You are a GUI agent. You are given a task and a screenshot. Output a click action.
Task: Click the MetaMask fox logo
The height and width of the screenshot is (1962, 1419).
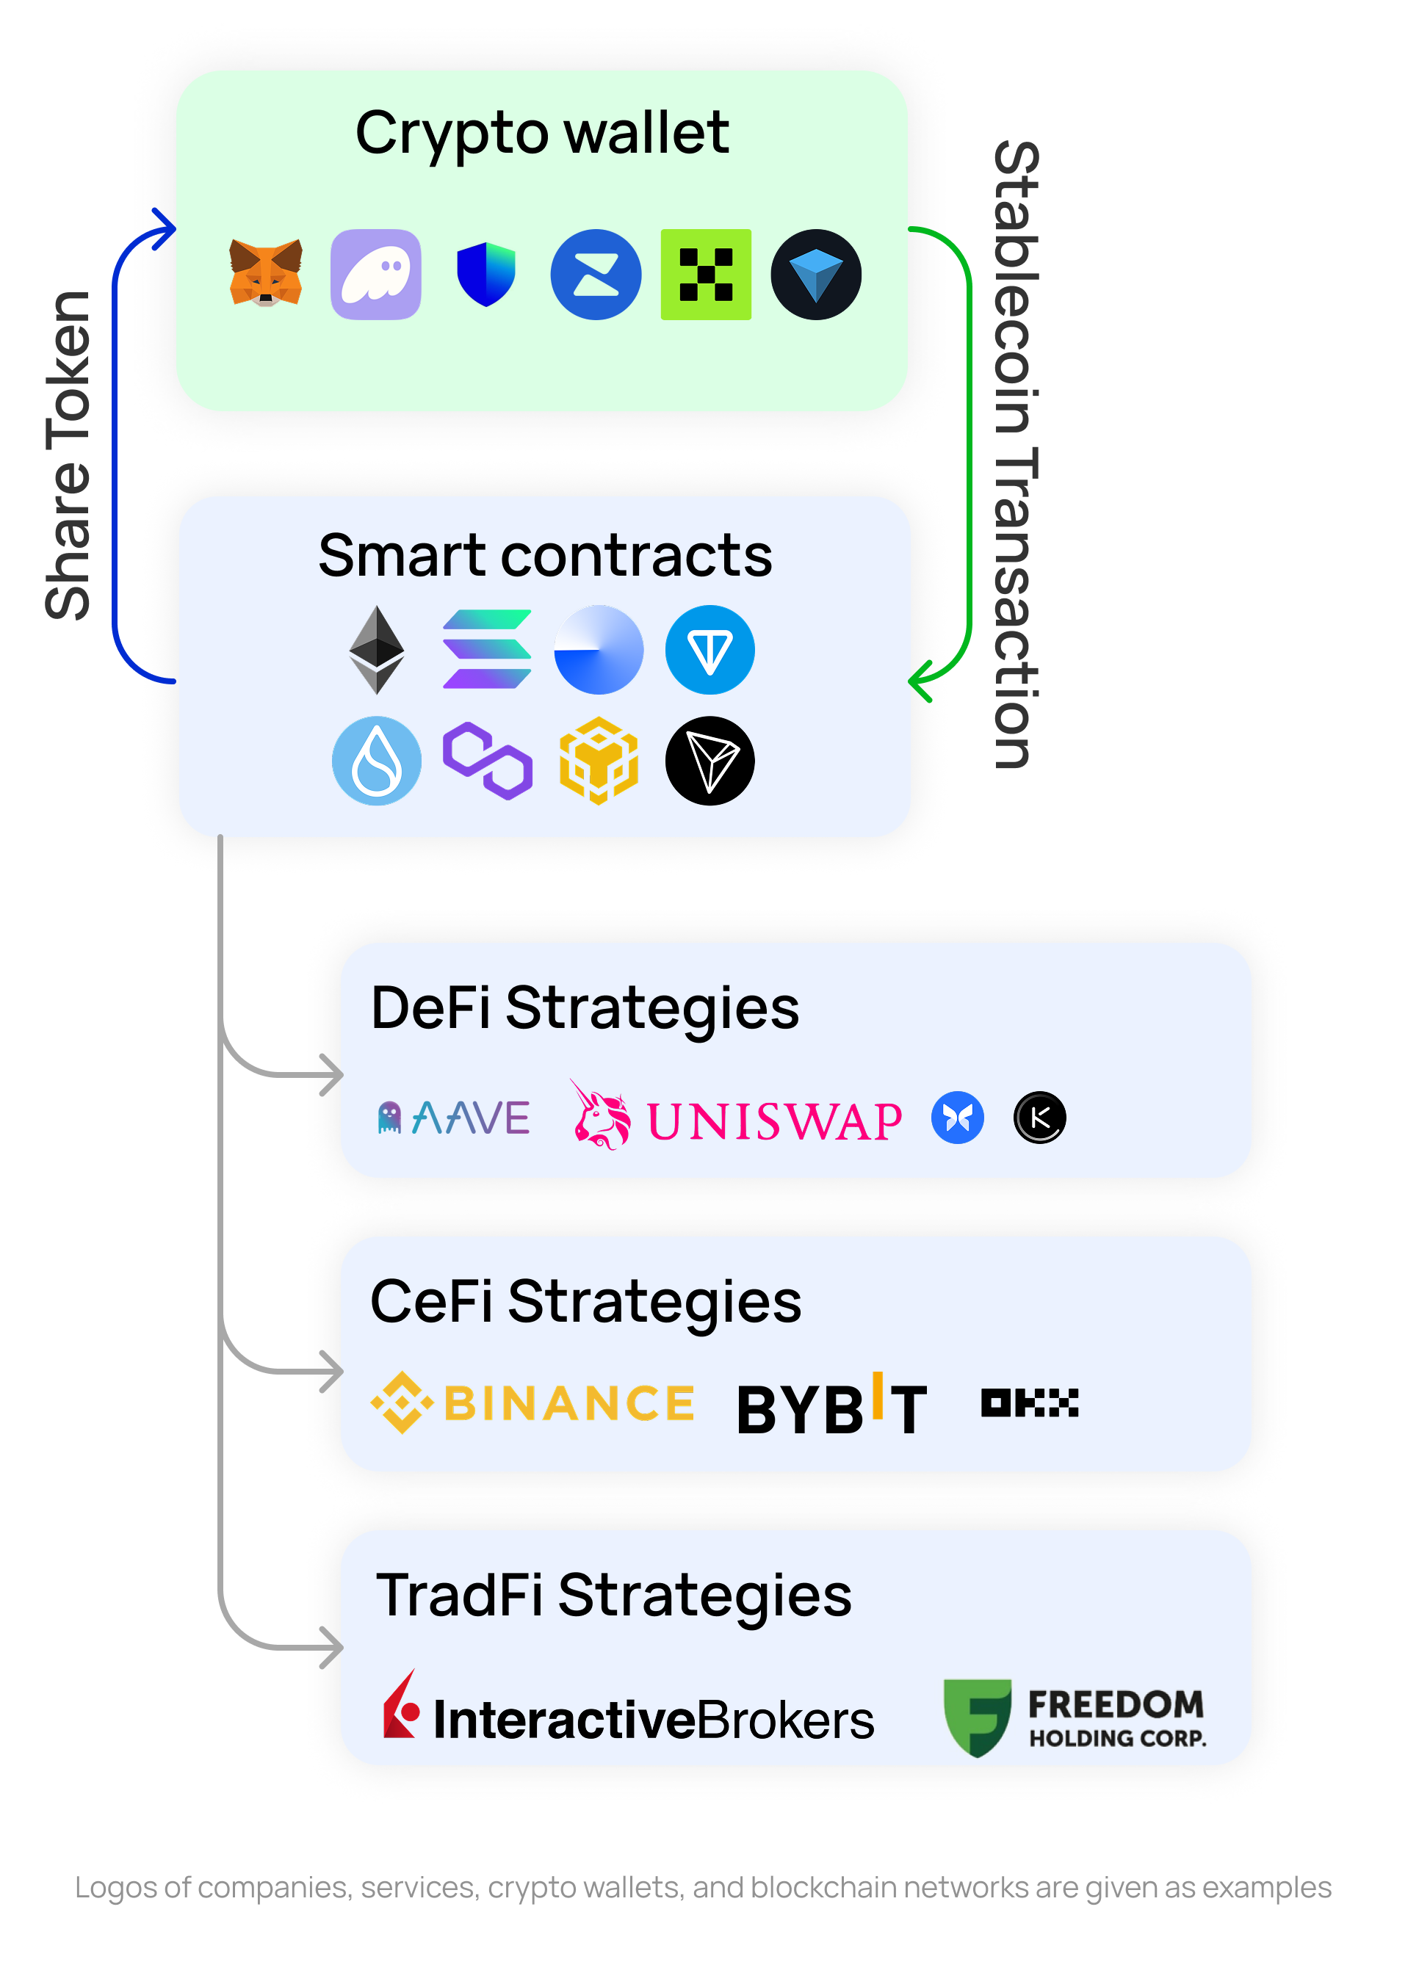(x=266, y=273)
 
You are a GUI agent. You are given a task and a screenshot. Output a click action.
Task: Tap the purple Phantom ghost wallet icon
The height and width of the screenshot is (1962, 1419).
(x=375, y=274)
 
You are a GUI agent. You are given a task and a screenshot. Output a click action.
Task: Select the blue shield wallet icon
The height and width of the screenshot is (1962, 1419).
(x=485, y=274)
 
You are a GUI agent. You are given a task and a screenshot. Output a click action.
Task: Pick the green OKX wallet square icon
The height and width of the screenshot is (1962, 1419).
(x=705, y=274)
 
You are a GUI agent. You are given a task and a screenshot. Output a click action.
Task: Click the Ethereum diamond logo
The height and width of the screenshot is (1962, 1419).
(x=376, y=650)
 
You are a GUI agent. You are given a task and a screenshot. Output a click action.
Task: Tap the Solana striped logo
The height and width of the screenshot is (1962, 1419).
(x=486, y=650)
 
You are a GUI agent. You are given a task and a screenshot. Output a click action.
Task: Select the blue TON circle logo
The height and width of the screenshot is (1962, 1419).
(x=709, y=650)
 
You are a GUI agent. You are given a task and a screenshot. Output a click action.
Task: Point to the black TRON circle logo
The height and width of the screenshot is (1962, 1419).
(x=709, y=761)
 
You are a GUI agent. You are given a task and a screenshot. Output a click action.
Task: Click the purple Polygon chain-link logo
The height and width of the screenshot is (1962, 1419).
(x=487, y=761)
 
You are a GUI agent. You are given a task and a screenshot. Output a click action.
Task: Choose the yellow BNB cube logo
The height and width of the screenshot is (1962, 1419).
(x=599, y=761)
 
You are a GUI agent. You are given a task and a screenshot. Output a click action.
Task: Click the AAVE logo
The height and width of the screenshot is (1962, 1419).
(x=453, y=1118)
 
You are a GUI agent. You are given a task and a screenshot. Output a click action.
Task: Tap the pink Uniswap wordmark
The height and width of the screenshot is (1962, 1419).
(x=773, y=1121)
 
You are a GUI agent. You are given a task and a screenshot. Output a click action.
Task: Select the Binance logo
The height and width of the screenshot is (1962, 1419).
(x=532, y=1402)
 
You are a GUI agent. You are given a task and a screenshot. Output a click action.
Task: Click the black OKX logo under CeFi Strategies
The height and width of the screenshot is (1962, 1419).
(x=1030, y=1402)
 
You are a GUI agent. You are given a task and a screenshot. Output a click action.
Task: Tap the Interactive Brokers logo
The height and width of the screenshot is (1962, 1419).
(x=628, y=1716)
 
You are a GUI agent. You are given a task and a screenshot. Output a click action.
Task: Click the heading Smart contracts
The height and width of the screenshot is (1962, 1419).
(x=545, y=555)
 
